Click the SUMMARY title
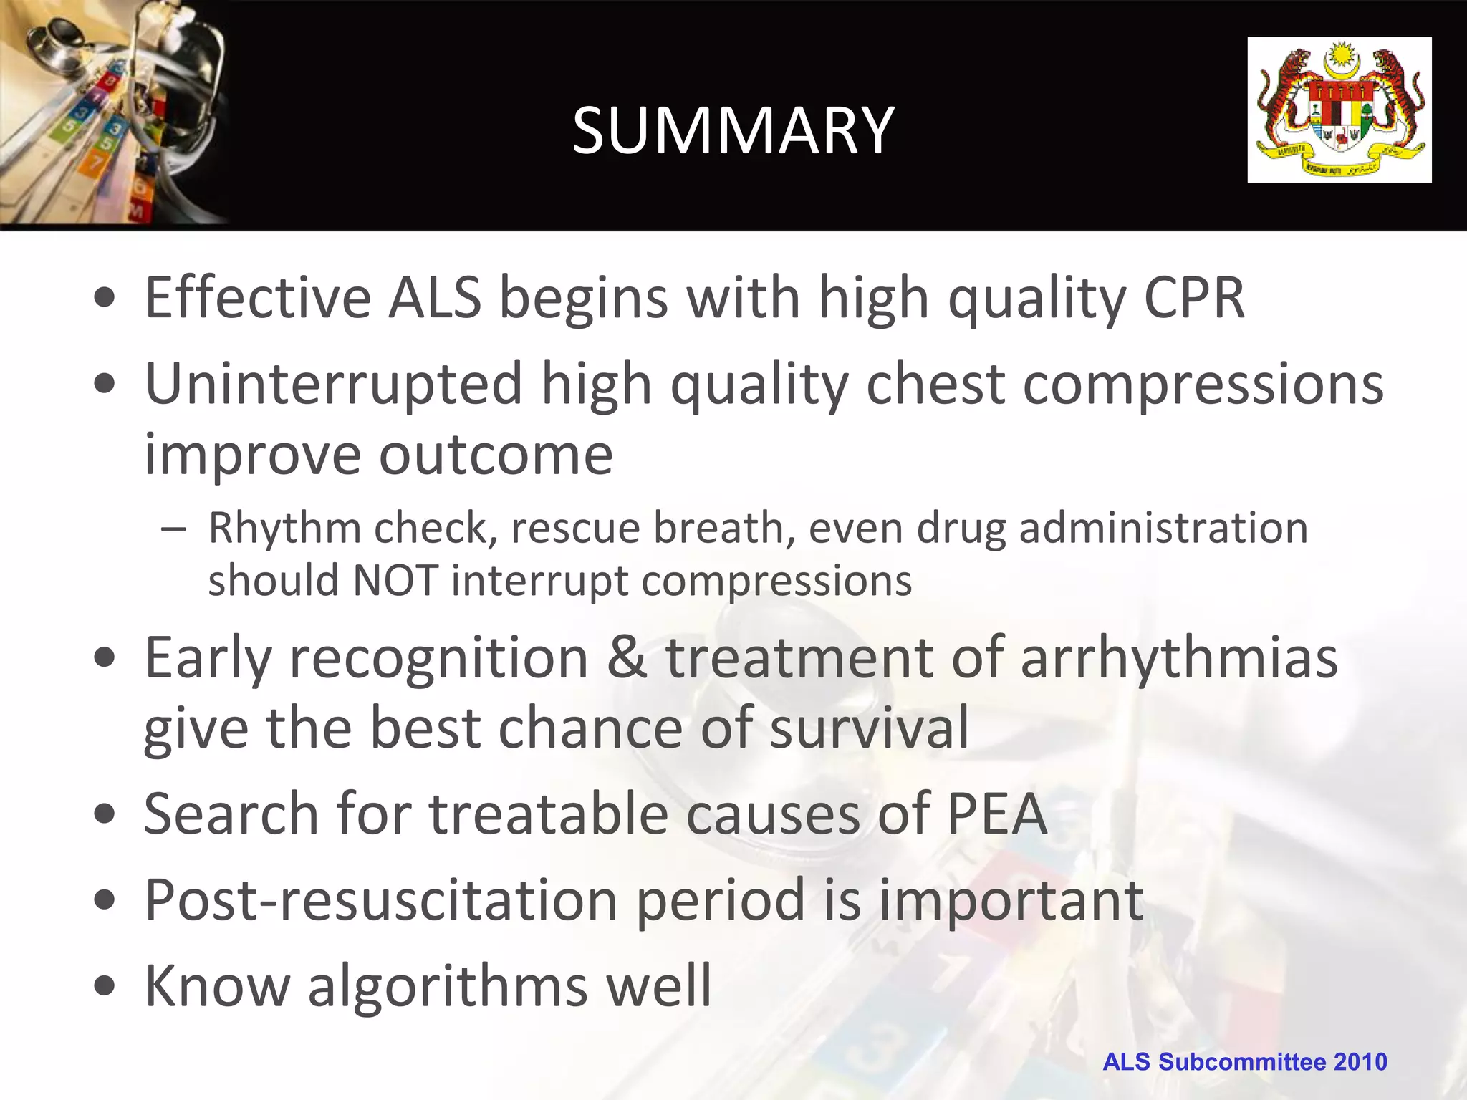click(733, 130)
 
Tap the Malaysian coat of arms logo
click(1339, 110)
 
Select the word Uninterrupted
click(334, 385)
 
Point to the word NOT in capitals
click(395, 580)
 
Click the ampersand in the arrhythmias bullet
click(627, 657)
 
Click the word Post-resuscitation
click(380, 899)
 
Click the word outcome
click(495, 454)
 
